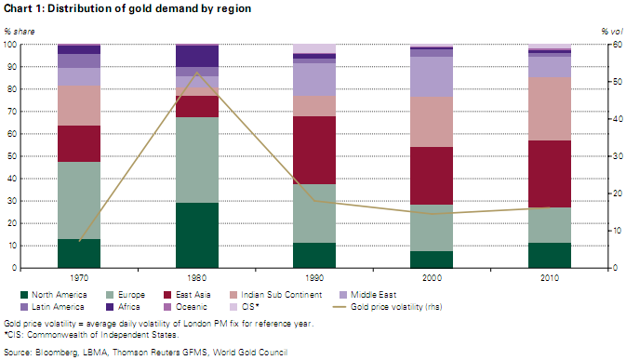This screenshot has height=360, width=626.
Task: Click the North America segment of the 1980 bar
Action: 197,235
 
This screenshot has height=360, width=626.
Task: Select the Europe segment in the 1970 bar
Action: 79,200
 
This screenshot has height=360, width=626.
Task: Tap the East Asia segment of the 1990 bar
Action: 314,150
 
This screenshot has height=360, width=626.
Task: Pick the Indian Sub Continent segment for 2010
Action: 550,109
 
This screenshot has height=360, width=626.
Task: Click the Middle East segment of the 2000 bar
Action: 432,76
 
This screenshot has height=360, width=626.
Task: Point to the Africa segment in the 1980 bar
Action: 197,56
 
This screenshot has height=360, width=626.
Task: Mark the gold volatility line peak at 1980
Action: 197,73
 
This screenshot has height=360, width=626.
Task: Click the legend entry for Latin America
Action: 52,307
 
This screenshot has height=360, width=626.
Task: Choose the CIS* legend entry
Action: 245,307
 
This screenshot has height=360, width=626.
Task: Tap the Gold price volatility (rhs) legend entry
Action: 388,307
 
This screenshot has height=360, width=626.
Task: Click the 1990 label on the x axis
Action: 314,278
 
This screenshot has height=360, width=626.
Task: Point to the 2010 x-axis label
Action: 550,278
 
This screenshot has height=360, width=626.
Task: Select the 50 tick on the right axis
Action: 618,82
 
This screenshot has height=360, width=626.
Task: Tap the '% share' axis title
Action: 20,32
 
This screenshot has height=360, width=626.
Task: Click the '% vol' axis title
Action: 612,32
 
